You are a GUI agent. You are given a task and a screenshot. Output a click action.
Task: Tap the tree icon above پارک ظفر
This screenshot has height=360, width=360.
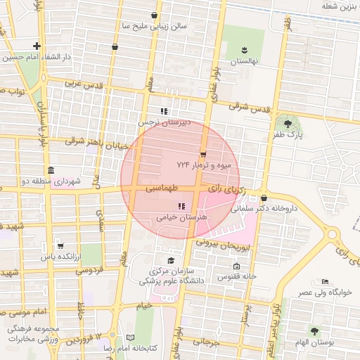(x=288, y=124)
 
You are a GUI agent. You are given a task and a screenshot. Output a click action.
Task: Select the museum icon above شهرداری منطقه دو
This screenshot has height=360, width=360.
(x=51, y=171)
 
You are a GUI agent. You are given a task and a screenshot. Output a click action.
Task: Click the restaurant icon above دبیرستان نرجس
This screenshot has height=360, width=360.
(x=164, y=111)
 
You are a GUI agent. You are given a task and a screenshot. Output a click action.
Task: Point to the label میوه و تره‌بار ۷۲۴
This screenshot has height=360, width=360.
(x=208, y=165)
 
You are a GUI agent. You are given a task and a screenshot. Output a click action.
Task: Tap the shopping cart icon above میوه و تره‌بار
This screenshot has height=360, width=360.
(x=203, y=154)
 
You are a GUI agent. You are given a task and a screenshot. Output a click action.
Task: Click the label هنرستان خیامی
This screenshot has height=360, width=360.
(x=182, y=218)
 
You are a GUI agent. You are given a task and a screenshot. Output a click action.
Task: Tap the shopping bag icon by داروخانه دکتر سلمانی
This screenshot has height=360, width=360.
(x=264, y=198)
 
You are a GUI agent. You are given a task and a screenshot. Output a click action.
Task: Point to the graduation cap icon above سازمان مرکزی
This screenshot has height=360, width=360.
(x=170, y=259)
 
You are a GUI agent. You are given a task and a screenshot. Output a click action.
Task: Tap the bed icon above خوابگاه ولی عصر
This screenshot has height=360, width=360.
(x=324, y=281)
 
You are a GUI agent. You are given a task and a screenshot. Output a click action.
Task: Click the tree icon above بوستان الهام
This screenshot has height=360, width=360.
(x=314, y=330)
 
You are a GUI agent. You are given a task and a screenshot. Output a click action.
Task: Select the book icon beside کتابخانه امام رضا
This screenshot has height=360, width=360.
(x=129, y=338)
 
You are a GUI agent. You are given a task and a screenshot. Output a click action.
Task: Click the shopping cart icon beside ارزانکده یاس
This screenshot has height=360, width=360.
(x=60, y=246)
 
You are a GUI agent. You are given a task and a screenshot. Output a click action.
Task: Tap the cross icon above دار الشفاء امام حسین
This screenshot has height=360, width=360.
(x=37, y=46)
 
